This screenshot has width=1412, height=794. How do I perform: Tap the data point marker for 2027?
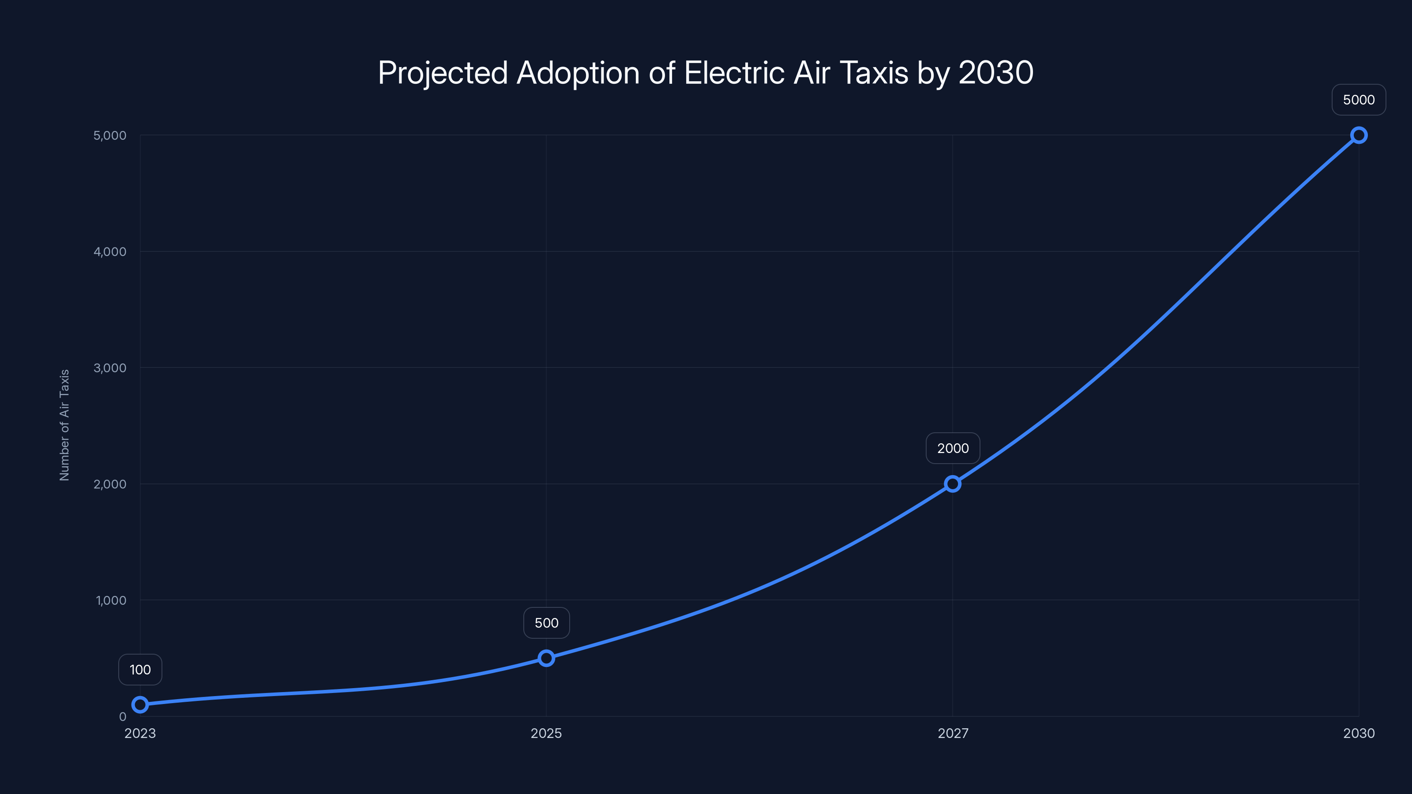pyautogui.click(x=953, y=483)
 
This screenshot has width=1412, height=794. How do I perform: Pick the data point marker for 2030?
pyautogui.click(x=1359, y=135)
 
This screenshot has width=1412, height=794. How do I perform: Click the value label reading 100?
pyautogui.click(x=140, y=670)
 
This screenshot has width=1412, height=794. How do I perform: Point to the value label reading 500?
pyautogui.click(x=547, y=623)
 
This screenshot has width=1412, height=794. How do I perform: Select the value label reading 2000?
pyautogui.click(x=953, y=448)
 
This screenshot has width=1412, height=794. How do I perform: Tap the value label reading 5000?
pyautogui.click(x=1359, y=100)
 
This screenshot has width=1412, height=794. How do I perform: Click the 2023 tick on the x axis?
pyautogui.click(x=140, y=733)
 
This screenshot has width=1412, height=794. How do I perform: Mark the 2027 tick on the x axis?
pyautogui.click(x=953, y=733)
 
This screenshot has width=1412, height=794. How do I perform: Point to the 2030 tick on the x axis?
pyautogui.click(x=1359, y=733)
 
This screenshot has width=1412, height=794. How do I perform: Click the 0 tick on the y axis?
pyautogui.click(x=123, y=717)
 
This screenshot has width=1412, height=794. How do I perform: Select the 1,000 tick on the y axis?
pyautogui.click(x=111, y=600)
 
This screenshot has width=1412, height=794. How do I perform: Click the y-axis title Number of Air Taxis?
pyautogui.click(x=65, y=425)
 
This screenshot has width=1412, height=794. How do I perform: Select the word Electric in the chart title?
pyautogui.click(x=735, y=73)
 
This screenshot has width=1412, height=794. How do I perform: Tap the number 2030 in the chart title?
pyautogui.click(x=996, y=73)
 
